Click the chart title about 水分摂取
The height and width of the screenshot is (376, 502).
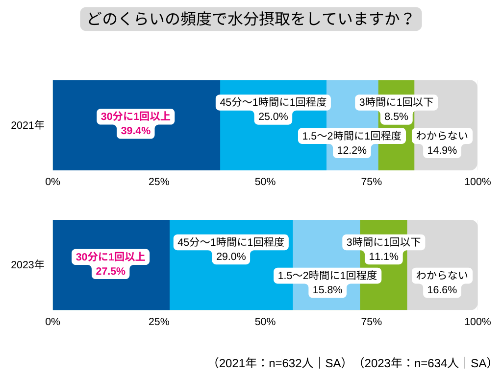(251, 19)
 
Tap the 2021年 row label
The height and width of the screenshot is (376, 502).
(28, 125)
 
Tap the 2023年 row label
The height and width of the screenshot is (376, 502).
(28, 265)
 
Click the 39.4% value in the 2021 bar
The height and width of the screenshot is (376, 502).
(136, 131)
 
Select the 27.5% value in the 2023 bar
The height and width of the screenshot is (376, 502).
(110, 271)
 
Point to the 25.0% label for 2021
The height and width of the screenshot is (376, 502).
(274, 117)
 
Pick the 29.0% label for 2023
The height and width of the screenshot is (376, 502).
(231, 256)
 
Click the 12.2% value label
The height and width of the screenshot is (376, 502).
(351, 150)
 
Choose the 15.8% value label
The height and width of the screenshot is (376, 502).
(327, 290)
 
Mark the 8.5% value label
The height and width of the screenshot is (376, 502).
(396, 117)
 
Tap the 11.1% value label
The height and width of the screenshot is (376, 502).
(384, 256)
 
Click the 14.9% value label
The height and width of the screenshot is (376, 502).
(442, 150)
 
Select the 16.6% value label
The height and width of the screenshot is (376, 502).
(442, 290)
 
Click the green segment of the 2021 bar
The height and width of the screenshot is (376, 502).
(396, 147)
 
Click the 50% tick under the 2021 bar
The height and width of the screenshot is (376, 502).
(265, 182)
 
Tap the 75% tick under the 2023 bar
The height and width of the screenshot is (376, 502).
(372, 322)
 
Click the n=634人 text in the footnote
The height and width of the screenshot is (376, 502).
(436, 363)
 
